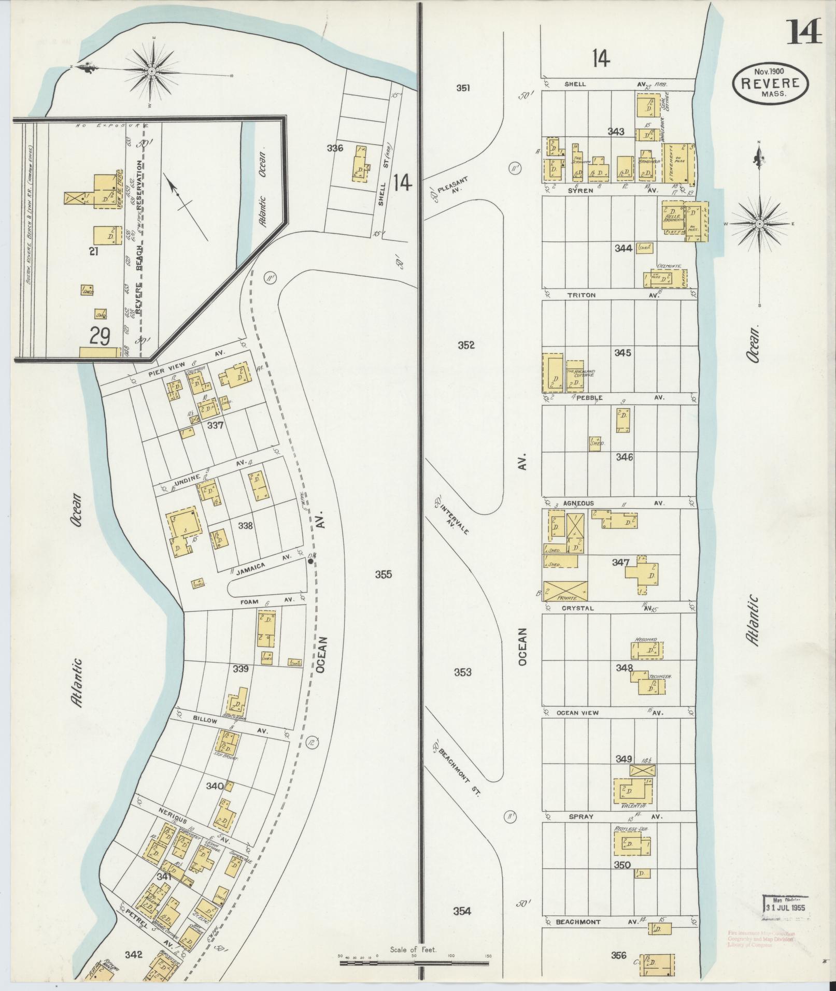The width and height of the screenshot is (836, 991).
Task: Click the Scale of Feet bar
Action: pyautogui.click(x=414, y=964)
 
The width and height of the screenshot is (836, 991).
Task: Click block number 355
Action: pyautogui.click(x=384, y=574)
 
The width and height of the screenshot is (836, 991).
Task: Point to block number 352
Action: pyautogui.click(x=466, y=345)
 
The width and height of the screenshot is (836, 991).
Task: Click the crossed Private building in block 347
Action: pyautogui.click(x=565, y=591)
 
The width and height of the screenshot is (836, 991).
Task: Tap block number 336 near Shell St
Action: pyautogui.click(x=335, y=148)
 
